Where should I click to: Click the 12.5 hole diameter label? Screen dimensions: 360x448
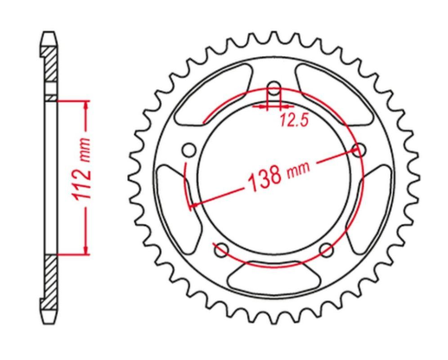(x=293, y=122)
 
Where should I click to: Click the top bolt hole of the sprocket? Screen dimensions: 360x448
(x=273, y=88)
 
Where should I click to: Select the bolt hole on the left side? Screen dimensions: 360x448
(x=188, y=149)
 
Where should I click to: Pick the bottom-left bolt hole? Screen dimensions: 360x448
(x=220, y=250)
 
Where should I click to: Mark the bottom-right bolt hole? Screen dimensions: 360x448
(x=326, y=250)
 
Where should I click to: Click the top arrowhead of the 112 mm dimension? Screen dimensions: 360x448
(x=86, y=105)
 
